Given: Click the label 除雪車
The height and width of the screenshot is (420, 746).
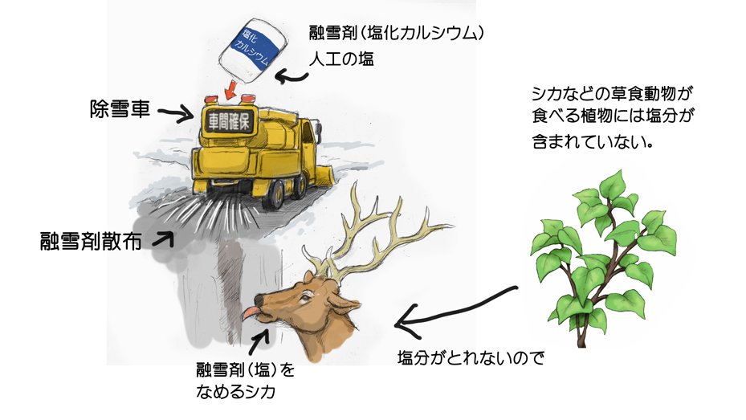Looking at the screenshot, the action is click(120, 108).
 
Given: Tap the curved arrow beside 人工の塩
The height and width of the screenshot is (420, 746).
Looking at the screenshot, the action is click(290, 75).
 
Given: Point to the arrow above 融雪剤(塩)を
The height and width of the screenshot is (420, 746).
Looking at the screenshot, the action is click(261, 340).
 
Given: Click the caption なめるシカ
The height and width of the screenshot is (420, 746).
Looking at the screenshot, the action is click(239, 393).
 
